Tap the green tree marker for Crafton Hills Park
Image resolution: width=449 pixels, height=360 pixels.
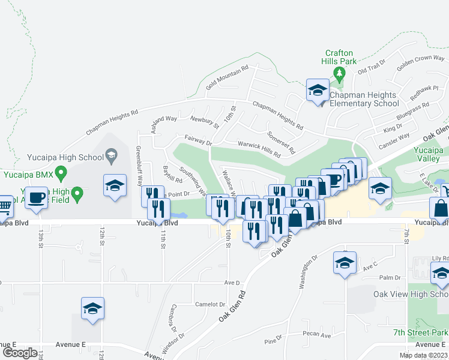[339, 74]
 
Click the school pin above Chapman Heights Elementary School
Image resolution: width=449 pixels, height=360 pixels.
[318, 91]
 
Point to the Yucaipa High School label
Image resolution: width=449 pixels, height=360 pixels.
[65, 158]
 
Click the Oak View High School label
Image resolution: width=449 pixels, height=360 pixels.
[411, 294]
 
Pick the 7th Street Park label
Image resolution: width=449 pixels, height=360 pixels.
[421, 332]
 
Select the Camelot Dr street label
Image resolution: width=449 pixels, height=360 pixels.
[210, 304]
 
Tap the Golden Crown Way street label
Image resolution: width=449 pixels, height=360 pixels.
[419, 62]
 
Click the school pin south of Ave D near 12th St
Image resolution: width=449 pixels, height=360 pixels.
[92, 308]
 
